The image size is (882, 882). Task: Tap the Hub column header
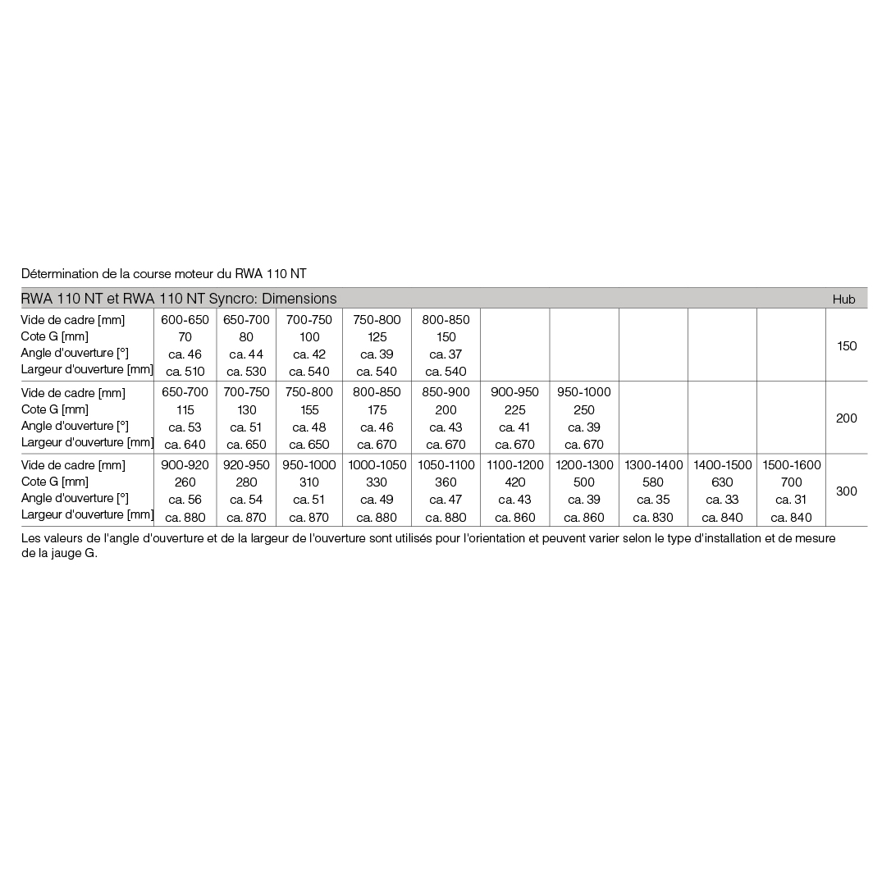(x=843, y=299)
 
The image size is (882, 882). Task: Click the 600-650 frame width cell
(x=185, y=320)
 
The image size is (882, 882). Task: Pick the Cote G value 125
(x=377, y=337)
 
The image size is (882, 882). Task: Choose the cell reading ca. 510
(x=185, y=372)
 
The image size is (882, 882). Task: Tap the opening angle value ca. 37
(x=446, y=354)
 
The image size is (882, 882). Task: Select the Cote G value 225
(x=514, y=410)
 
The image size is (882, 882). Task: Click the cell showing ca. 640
(x=185, y=445)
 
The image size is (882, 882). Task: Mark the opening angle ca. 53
(x=185, y=427)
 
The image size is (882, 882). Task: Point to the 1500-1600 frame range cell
(x=791, y=465)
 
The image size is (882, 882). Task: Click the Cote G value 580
(x=653, y=482)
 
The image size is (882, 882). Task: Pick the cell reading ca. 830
(x=653, y=518)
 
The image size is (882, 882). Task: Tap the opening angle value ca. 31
(x=791, y=500)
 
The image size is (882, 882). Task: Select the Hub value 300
(x=846, y=491)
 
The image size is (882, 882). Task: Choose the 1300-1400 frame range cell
(x=653, y=465)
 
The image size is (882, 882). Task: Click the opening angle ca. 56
(x=185, y=500)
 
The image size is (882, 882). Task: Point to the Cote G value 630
(x=722, y=482)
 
